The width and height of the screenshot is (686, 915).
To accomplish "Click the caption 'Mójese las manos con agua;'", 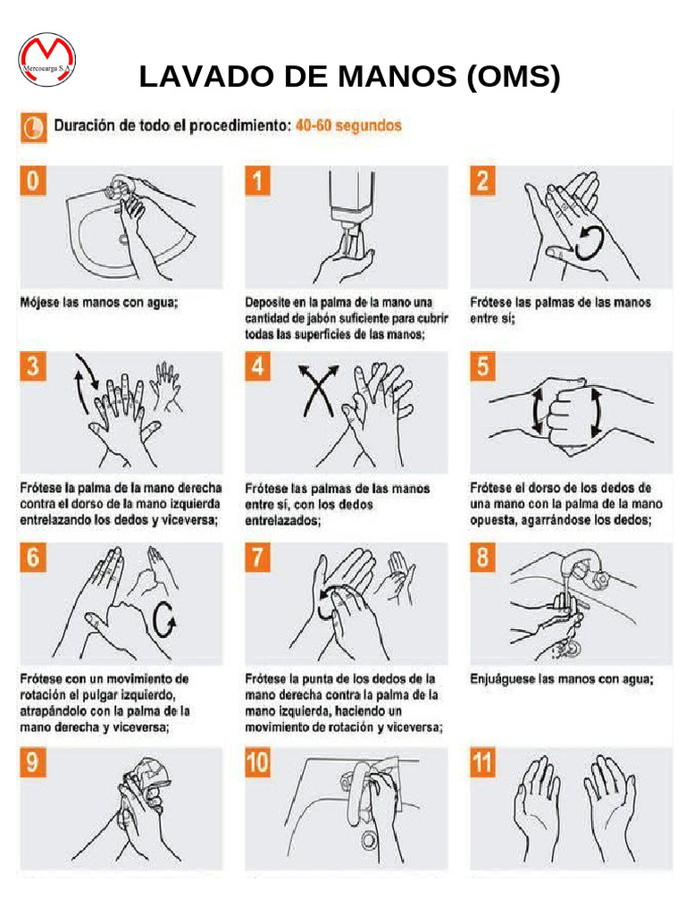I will point(99,303).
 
